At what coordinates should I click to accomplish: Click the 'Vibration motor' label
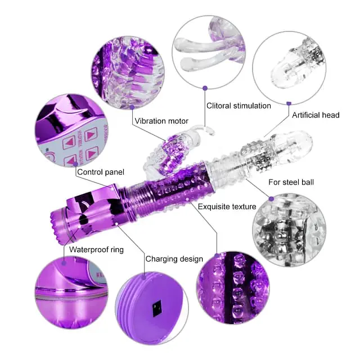(161, 120)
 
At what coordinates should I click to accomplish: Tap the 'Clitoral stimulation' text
(238, 106)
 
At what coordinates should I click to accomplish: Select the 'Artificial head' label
(316, 115)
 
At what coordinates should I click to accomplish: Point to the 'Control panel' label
(101, 172)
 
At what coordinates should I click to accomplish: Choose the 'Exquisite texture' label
(227, 206)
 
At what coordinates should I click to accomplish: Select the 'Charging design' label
(174, 259)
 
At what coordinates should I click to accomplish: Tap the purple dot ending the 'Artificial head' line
(288, 103)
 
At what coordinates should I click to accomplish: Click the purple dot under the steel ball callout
(271, 198)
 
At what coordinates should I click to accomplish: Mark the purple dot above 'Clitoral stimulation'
(205, 88)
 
